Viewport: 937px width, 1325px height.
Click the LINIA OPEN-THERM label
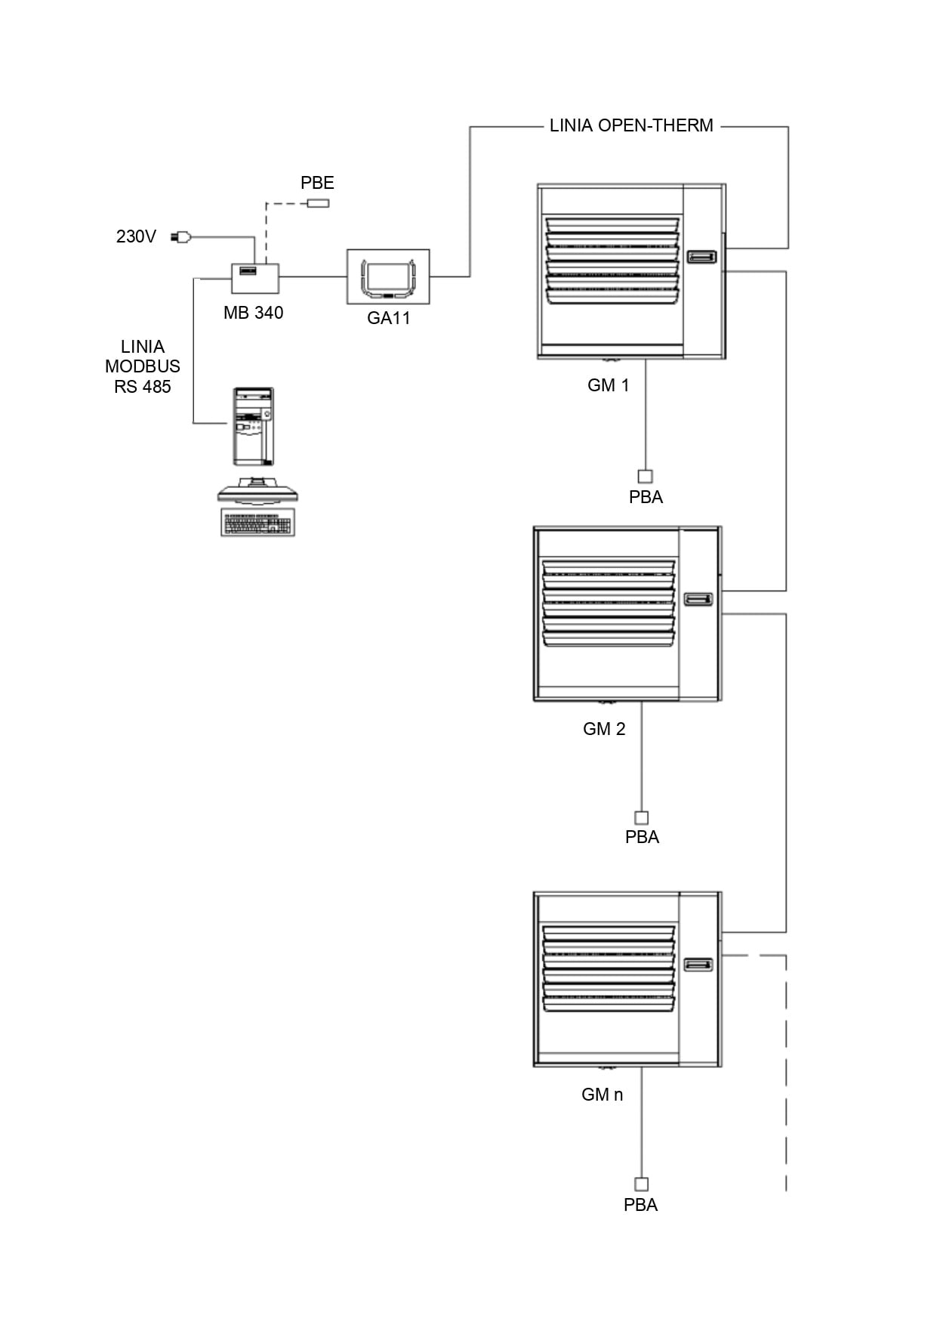click(631, 125)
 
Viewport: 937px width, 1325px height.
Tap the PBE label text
click(317, 183)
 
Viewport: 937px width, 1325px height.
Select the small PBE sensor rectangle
click(318, 203)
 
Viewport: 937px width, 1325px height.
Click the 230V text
click(136, 236)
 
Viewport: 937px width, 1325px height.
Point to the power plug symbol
click(181, 237)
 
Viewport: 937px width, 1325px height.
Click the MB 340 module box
click(255, 278)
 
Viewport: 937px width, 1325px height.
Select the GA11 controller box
click(388, 276)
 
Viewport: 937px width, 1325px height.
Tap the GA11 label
click(388, 318)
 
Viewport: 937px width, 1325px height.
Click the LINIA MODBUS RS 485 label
click(143, 366)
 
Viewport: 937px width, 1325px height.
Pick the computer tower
click(253, 427)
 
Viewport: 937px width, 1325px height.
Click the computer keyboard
click(257, 523)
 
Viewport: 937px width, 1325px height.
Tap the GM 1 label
click(608, 385)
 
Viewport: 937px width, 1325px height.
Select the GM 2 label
click(604, 729)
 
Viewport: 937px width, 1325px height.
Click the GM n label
click(602, 1095)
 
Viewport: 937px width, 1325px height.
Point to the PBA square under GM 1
click(646, 477)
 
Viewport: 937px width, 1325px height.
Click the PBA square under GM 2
click(642, 817)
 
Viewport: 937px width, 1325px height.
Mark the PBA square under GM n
click(641, 1184)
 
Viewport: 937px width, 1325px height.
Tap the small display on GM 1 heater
click(701, 258)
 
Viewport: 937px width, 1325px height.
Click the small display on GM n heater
click(698, 965)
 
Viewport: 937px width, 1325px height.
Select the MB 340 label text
click(253, 313)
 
